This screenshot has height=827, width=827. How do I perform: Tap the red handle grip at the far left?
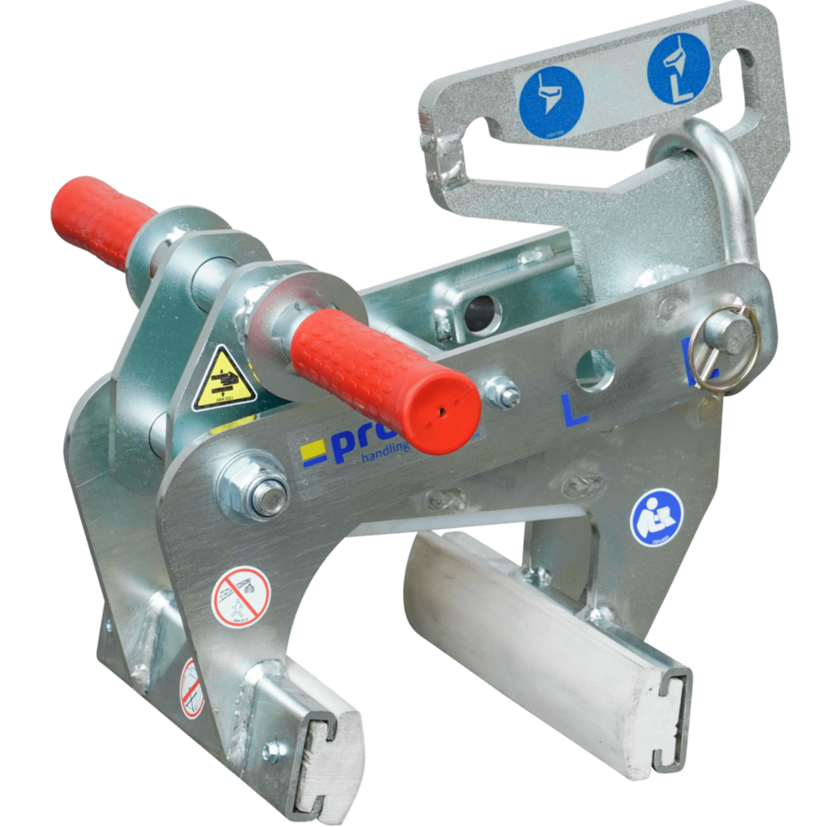(x=100, y=220)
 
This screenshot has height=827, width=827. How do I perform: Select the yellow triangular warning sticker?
(x=224, y=379)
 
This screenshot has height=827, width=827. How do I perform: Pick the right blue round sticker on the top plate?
(x=678, y=69)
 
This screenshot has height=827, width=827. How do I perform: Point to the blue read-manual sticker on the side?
(x=656, y=517)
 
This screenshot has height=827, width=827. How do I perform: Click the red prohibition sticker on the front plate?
(x=240, y=597)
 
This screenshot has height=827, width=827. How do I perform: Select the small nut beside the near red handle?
(x=502, y=393)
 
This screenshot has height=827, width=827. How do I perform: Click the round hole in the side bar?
(x=594, y=370)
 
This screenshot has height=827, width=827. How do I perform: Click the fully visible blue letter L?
(x=575, y=411)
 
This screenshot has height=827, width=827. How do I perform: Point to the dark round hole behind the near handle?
(x=483, y=314)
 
